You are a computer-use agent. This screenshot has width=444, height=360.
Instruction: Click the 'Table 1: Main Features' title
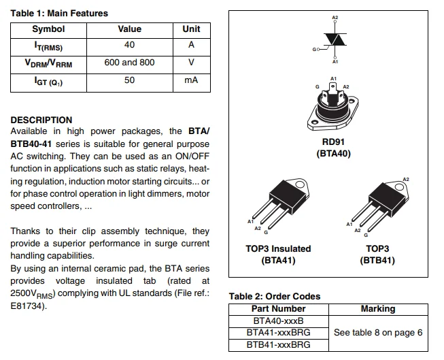pyautogui.click(x=59, y=13)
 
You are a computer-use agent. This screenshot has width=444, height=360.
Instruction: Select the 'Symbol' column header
pyautogui.click(x=48, y=29)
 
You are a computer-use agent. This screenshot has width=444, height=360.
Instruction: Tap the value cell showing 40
pyautogui.click(x=129, y=45)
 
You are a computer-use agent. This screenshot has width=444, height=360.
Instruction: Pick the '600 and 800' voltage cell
pyautogui.click(x=129, y=63)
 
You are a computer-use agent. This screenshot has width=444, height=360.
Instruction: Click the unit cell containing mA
pyautogui.click(x=191, y=80)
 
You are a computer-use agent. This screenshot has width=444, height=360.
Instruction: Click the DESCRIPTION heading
pyautogui.click(x=41, y=120)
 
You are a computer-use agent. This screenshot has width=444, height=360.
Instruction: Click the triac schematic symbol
pyautogui.click(x=333, y=39)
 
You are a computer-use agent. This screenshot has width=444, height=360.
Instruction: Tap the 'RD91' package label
pyautogui.click(x=334, y=142)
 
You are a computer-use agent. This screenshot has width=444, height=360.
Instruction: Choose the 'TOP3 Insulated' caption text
pyautogui.click(x=278, y=248)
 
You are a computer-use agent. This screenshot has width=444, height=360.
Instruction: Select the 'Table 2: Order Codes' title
pyautogui.click(x=274, y=296)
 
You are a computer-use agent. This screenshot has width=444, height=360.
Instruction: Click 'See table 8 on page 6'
pyautogui.click(x=378, y=332)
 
